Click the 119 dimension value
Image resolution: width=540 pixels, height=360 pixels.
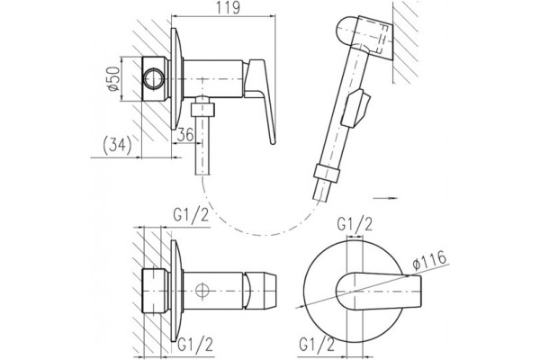(228, 7)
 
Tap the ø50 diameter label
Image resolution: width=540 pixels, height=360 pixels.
(114, 79)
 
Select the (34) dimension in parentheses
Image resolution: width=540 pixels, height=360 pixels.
(117, 146)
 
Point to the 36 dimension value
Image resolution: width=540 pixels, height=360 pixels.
(185, 134)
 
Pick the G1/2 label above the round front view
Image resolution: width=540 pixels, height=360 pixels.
(355, 225)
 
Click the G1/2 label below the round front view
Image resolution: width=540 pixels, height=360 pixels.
(317, 345)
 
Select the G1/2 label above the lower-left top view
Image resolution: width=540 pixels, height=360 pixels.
(191, 216)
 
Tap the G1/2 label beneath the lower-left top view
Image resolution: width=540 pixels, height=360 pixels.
(195, 345)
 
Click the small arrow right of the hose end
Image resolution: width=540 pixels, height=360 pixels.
(386, 198)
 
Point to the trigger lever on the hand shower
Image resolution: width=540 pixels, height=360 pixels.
(355, 108)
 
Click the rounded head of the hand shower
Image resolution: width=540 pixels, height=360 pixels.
(347, 31)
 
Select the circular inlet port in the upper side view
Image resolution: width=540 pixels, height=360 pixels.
(154, 79)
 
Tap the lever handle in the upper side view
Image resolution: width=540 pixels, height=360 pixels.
(261, 100)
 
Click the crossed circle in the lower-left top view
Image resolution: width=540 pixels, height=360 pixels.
(202, 290)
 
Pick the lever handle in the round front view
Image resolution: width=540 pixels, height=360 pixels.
(379, 291)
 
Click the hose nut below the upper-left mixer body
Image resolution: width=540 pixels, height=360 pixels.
(202, 110)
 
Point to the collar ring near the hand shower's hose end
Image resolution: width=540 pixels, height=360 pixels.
(328, 174)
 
